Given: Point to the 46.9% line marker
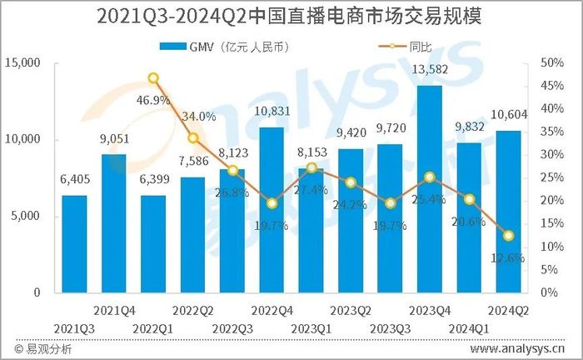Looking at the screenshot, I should [x=153, y=78].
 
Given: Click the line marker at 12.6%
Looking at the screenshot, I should [x=507, y=235].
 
